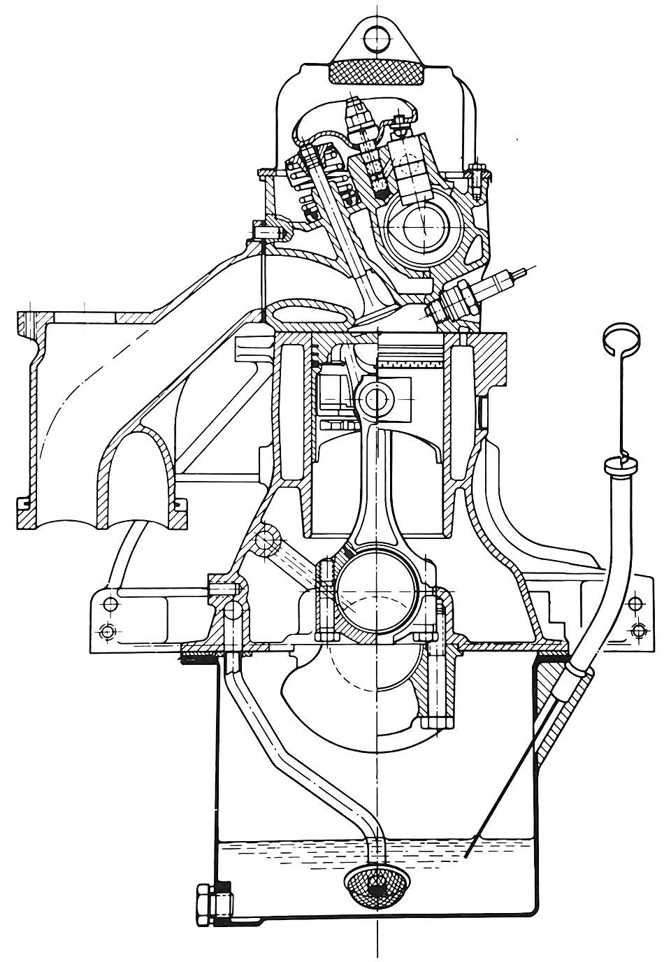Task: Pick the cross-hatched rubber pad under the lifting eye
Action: tap(375, 73)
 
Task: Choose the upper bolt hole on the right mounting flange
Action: tap(635, 603)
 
